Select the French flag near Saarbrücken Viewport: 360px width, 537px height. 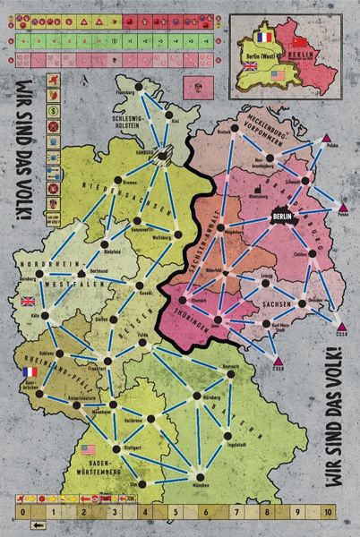coord(27,371)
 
